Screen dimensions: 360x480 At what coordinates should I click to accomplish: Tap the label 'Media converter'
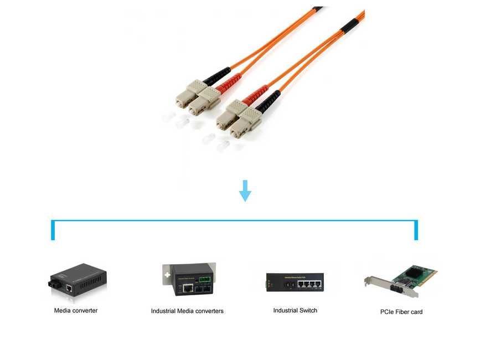[x=76, y=311]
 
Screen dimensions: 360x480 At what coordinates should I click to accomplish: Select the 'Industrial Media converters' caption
[x=187, y=311]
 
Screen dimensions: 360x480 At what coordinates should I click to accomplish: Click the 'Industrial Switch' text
[x=295, y=311]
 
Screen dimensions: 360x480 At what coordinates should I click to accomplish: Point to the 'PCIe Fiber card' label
[x=401, y=312]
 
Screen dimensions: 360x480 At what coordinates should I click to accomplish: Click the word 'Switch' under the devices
[x=308, y=311]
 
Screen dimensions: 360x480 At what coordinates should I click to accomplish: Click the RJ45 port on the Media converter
[x=68, y=287]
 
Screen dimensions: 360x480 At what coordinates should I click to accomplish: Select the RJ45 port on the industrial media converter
[x=188, y=288]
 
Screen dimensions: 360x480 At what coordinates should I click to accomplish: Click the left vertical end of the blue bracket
[x=53, y=230]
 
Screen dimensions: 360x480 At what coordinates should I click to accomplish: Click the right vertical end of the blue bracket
[x=416, y=230]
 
